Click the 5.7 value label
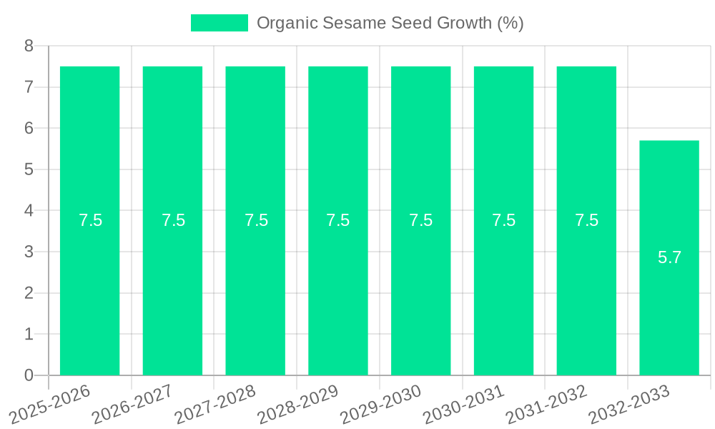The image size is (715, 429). point(669,257)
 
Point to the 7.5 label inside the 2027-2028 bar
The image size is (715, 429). point(256,220)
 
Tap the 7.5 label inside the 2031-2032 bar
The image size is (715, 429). point(586,220)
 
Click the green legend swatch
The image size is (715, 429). point(219,23)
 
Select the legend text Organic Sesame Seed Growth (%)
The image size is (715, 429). point(390,23)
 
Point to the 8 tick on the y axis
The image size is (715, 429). point(29,46)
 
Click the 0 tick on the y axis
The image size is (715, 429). point(29,375)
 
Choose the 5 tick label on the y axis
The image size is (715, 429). point(29,169)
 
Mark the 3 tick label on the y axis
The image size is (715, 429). point(29,252)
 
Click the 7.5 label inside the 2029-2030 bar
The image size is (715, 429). point(420,220)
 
